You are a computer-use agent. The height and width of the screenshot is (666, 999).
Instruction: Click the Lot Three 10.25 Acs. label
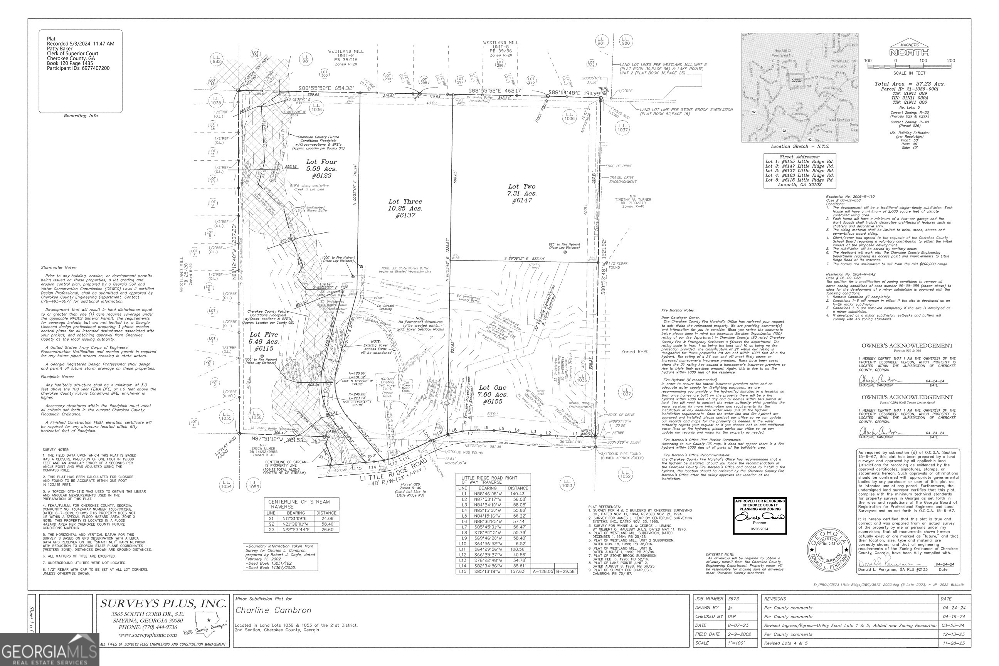pos(405,208)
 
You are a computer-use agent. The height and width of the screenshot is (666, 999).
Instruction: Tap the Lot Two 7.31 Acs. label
pos(522,193)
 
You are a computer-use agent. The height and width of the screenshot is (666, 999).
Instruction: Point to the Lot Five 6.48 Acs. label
pos(264,341)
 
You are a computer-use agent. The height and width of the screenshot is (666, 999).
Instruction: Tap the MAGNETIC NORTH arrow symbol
pos(909,50)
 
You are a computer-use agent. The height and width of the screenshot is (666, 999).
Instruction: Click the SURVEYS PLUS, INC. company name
pos(163,604)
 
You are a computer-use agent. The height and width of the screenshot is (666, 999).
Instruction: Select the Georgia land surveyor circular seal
pos(829,548)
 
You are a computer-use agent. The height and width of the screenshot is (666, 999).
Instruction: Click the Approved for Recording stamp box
pos(760,516)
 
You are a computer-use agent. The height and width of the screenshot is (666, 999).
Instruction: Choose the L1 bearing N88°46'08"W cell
pos(487,494)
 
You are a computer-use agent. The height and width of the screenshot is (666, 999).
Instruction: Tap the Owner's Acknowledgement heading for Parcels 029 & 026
pos(907,346)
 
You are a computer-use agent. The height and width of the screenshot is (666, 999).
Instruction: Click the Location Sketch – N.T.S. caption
pos(800,146)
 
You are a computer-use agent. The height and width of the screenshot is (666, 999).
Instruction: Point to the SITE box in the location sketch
pos(796,80)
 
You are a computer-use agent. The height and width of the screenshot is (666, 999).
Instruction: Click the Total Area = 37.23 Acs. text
pos(909,84)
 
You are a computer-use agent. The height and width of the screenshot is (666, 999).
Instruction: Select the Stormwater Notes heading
pos(59,267)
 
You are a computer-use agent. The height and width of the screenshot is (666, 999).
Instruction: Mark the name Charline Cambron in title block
pos(273,610)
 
